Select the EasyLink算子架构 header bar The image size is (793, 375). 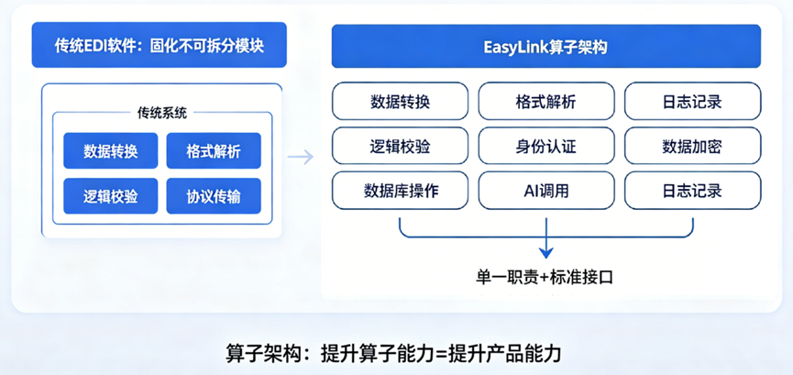pyautogui.click(x=545, y=45)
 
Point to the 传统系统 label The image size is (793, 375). pyautogui.click(x=161, y=114)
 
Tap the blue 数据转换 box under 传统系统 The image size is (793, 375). pyautogui.click(x=110, y=150)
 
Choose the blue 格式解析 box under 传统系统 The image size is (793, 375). pyautogui.click(x=214, y=150)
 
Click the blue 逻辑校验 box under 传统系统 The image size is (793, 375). pyautogui.click(x=110, y=195)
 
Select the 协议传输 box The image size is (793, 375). pyautogui.click(x=214, y=195)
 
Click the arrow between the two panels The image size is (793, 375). pyautogui.click(x=300, y=157)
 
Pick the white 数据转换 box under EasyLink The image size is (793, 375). pyautogui.click(x=400, y=101)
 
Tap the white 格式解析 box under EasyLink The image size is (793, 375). pyautogui.click(x=545, y=101)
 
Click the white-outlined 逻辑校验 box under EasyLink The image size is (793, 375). pyautogui.click(x=400, y=146)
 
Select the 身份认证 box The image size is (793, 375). pyautogui.click(x=545, y=146)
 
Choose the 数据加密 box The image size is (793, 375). pyautogui.click(x=692, y=146)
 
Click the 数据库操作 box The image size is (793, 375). pyautogui.click(x=400, y=191)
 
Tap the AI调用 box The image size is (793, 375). pyautogui.click(x=545, y=191)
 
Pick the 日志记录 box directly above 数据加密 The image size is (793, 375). pyautogui.click(x=692, y=101)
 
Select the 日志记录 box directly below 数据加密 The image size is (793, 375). pyautogui.click(x=692, y=191)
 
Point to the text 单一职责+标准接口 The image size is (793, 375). pyautogui.click(x=546, y=276)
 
